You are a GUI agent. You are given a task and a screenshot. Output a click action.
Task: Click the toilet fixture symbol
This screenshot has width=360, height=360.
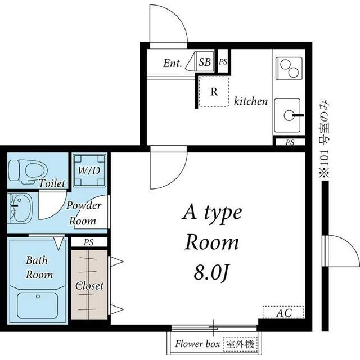pos(28,172)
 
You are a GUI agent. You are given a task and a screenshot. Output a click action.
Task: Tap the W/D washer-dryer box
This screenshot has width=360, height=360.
pos(89,170)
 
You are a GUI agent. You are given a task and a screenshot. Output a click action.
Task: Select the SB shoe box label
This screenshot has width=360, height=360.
pos(205,62)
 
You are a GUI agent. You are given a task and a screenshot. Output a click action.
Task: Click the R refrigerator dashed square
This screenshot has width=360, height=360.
pos(214,92)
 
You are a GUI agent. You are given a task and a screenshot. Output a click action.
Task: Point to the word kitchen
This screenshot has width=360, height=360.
pos(251,101)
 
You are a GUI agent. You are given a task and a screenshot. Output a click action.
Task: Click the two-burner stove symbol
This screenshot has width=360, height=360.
pos(289,68)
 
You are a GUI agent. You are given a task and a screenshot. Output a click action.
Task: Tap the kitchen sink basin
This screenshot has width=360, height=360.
pos(287,115)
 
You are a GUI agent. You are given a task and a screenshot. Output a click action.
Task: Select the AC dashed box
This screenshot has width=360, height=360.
pos(283,312)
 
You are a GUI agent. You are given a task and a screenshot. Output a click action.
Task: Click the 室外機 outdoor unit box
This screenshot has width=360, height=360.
pos(240,344)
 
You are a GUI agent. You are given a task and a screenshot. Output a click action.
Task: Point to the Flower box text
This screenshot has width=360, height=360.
pos(197,344)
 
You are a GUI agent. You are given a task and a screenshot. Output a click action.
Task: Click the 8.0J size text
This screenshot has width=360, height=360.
pos(211,273)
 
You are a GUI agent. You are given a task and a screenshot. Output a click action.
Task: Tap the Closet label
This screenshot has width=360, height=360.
pos(89,286)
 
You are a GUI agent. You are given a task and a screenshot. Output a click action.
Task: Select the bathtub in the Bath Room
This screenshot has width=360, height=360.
pos(38,305)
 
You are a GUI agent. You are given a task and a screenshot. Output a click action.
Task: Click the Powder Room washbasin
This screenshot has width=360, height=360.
pos(20,208)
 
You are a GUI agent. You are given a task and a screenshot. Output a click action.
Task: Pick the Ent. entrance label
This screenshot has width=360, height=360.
pos(173,63)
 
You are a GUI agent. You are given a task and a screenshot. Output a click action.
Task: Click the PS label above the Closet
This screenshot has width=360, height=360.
pos(89,242)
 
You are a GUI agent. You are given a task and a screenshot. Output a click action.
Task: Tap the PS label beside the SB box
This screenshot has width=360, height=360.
pos(223,61)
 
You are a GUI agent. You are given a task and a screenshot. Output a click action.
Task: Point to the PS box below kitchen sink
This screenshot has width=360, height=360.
pos(290,142)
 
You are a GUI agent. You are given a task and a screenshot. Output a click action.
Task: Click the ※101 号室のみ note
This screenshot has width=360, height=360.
pos(325,140)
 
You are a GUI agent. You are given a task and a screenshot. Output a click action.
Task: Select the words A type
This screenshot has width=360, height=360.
pos(212,214)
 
